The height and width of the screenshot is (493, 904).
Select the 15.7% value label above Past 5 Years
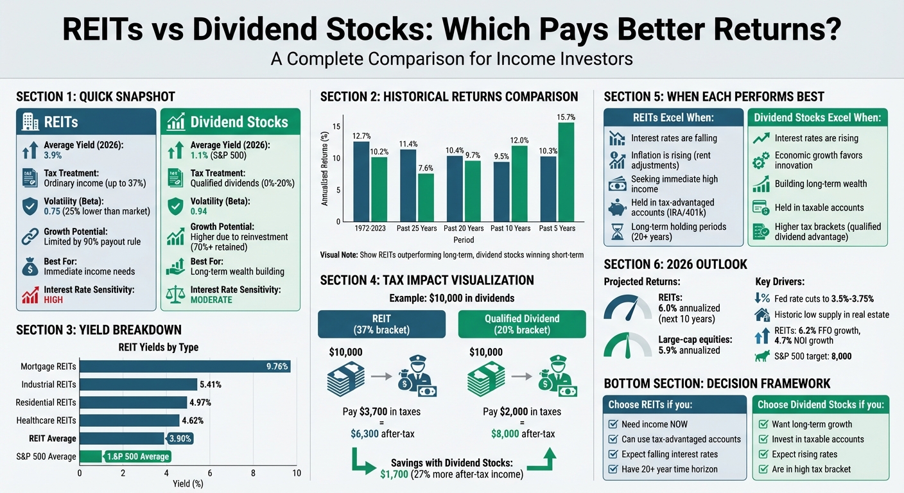[566, 117]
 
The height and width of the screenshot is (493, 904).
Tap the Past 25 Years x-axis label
[418, 229]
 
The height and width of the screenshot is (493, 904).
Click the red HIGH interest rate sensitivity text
[53, 300]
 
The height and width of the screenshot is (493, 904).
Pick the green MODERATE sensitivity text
[211, 300]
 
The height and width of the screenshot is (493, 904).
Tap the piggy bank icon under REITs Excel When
[617, 207]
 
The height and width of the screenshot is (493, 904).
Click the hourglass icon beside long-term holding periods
[617, 232]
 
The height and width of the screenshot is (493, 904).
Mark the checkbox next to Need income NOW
[613, 424]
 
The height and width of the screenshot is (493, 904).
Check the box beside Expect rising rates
[764, 454]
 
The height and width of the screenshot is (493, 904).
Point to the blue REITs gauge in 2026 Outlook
[627, 307]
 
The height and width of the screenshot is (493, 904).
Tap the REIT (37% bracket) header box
[381, 324]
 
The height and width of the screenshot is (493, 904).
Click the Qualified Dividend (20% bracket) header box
[521, 324]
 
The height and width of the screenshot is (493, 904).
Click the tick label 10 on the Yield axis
[296, 473]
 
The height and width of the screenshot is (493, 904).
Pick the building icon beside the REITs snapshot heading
[30, 121]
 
